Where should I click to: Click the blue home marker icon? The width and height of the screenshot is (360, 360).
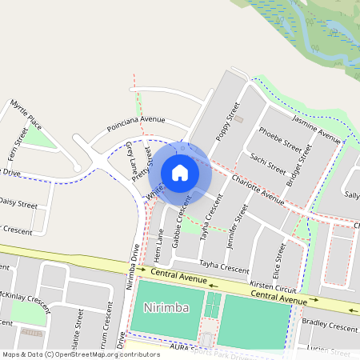click(180, 173)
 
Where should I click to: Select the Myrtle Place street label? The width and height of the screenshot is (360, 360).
click(26, 115)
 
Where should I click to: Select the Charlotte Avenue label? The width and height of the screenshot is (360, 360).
click(258, 189)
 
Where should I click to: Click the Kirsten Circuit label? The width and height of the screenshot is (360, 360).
click(273, 286)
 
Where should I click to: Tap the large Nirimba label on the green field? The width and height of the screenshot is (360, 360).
click(165, 308)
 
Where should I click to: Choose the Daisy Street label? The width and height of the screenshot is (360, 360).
click(18, 203)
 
